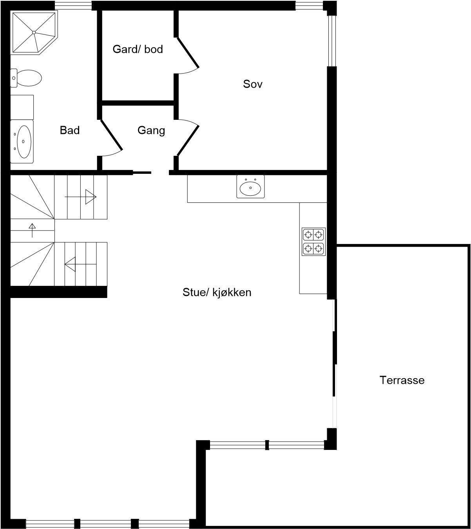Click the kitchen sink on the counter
tap(250, 186)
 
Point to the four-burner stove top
tap(313, 241)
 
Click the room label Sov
tap(253, 84)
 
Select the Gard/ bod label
tap(138, 49)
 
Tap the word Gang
tap(151, 130)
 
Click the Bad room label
tap(70, 130)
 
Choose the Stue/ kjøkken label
tap(217, 292)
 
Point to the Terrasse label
tap(402, 380)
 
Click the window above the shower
tap(73, 5)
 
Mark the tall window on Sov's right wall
tap(332, 41)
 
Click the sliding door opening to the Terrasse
tap(334, 364)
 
